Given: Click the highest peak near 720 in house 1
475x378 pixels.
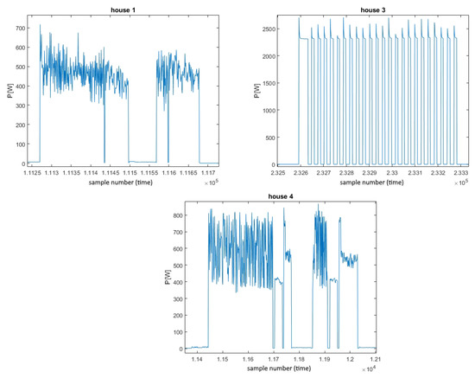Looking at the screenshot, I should [x=40, y=24].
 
